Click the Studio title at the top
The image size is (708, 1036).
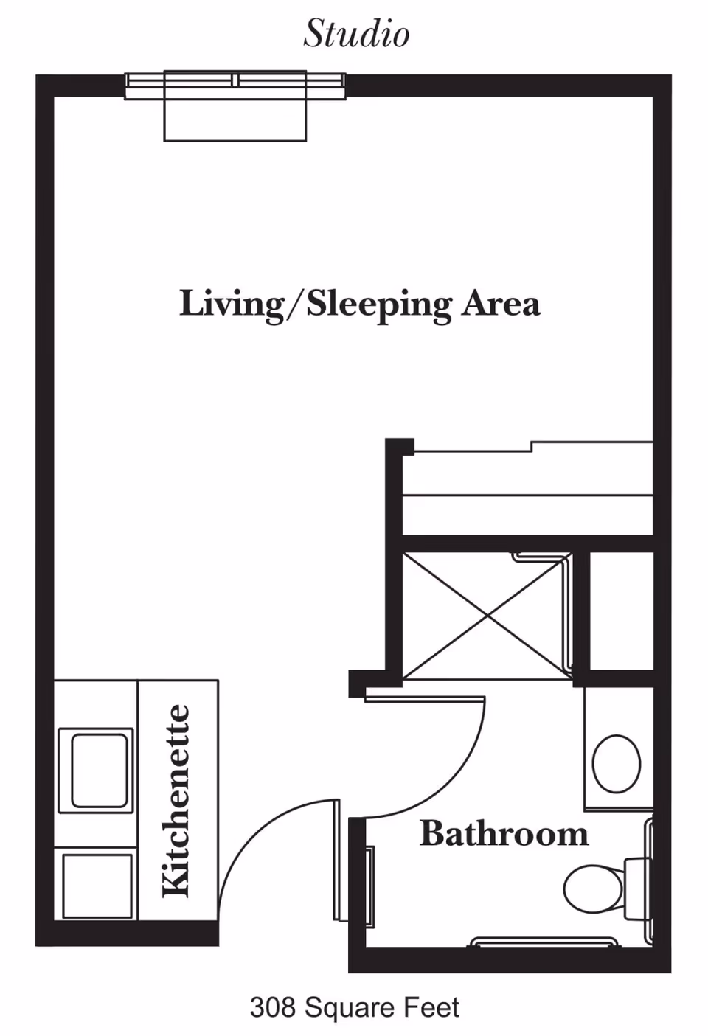pos(356,34)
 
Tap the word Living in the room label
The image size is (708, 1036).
pos(230,304)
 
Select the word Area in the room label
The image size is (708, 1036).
pos(501,304)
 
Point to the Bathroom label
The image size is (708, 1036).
pos(504,834)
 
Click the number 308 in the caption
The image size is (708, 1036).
pos(273,1007)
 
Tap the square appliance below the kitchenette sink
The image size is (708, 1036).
pos(97,885)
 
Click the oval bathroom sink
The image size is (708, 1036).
pos(617,763)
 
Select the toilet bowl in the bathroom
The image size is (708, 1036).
pos(593,888)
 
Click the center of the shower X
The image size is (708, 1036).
pos(487,616)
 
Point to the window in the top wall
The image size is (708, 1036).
pos(235,86)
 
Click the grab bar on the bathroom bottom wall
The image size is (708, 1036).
pos(544,942)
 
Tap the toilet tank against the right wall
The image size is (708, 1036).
pos(637,888)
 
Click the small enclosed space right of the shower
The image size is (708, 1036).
pos(621,611)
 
